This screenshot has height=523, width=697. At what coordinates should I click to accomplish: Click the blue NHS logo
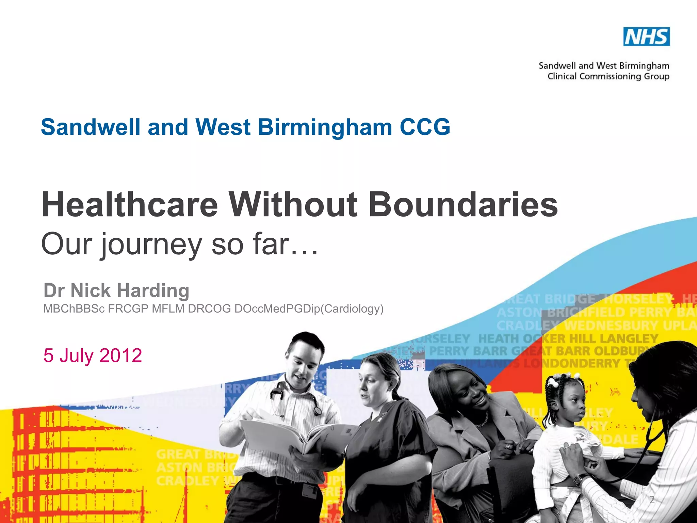[x=646, y=37]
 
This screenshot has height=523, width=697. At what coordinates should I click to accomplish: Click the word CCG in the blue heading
[x=425, y=127]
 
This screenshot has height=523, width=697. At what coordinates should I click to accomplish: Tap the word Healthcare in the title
[x=129, y=205]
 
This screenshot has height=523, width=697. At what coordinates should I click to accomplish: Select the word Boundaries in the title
[x=463, y=205]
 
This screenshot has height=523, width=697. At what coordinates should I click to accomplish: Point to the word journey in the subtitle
[x=151, y=244]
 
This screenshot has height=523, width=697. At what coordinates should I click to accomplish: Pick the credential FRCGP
[x=128, y=308]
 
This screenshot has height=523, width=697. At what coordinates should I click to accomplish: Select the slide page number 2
[x=652, y=500]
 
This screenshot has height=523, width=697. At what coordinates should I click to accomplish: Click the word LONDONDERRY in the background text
[x=572, y=364]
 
